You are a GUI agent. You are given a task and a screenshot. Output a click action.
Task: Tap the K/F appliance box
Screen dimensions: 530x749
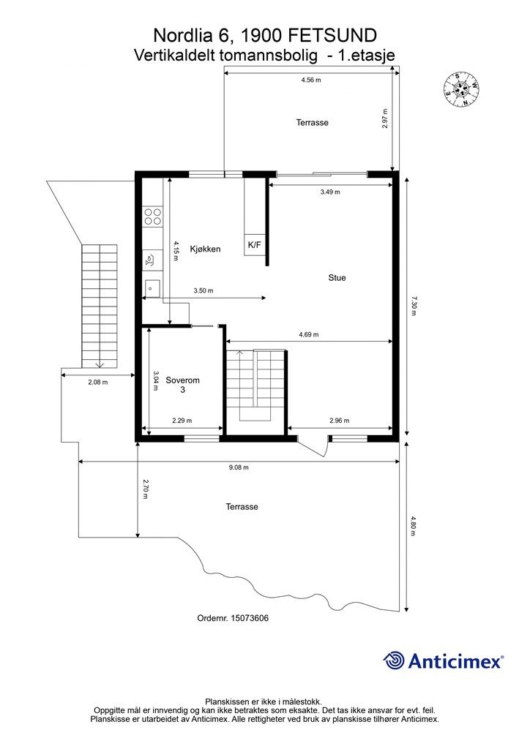[254, 245]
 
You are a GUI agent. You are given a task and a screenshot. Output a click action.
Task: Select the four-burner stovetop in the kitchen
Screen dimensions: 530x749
[153, 217]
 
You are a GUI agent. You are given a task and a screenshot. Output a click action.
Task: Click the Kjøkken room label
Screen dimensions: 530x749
[205, 249]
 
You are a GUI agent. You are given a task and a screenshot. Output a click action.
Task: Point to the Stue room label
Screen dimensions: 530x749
[337, 277]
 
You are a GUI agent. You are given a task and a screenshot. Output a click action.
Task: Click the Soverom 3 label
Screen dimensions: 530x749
[182, 385]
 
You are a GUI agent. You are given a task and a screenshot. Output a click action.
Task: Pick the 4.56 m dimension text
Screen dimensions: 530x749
[311, 80]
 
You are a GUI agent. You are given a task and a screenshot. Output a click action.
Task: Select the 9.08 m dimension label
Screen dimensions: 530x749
[239, 467]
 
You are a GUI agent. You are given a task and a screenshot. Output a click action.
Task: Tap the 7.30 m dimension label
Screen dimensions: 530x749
[414, 306]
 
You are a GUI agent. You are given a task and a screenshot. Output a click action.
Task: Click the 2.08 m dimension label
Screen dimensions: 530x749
[98, 382]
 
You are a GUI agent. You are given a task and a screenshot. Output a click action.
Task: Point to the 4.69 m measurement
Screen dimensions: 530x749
[309, 334]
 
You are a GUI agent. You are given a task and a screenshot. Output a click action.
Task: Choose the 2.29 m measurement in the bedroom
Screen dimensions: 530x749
[182, 421]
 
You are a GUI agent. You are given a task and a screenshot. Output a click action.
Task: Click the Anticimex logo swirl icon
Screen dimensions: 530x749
[393, 660]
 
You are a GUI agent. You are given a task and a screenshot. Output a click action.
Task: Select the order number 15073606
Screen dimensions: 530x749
[250, 618]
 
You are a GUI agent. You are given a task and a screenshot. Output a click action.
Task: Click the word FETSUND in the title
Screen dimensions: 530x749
[334, 36]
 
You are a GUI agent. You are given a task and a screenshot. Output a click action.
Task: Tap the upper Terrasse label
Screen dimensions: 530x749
[312, 123]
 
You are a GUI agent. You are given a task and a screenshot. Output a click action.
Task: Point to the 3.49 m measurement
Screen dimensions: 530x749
[330, 192]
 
